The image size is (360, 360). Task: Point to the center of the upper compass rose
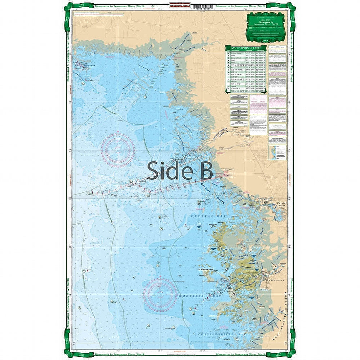[x=117, y=150]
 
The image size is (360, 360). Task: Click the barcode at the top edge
[x=200, y=6]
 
